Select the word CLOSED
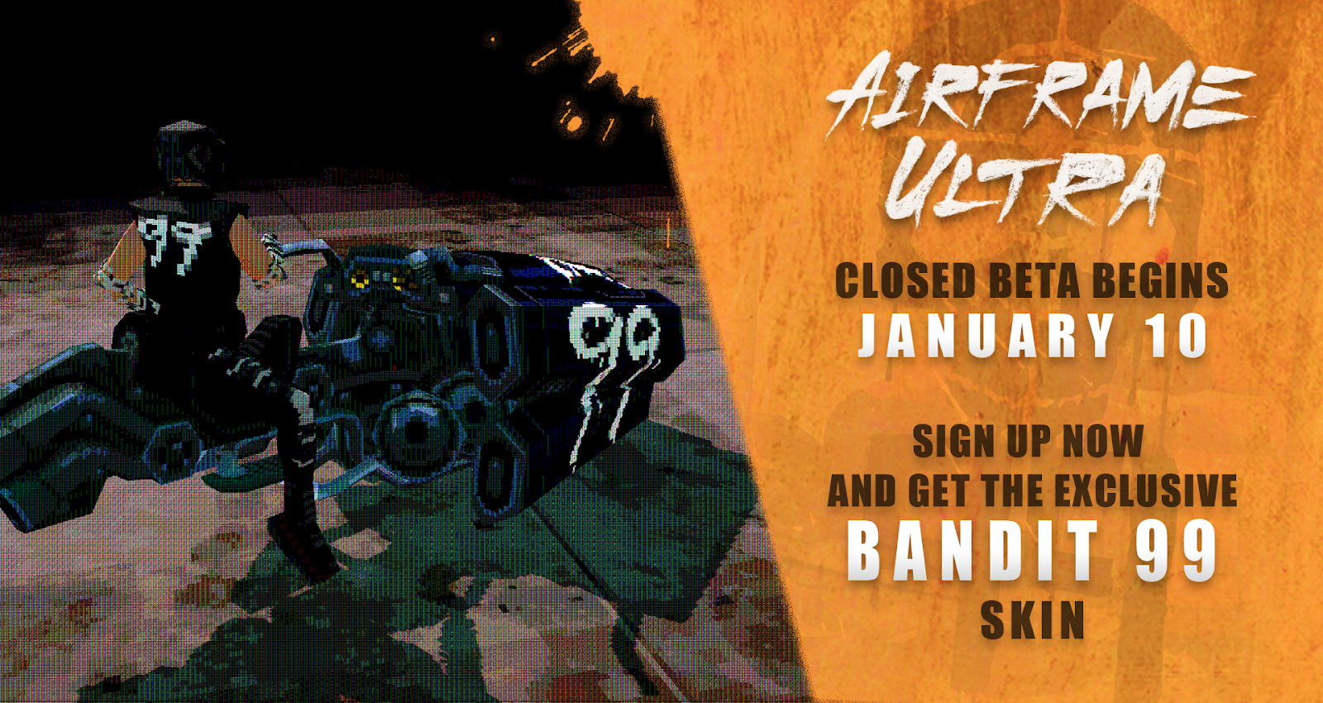[905, 281]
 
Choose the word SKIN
[1033, 620]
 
